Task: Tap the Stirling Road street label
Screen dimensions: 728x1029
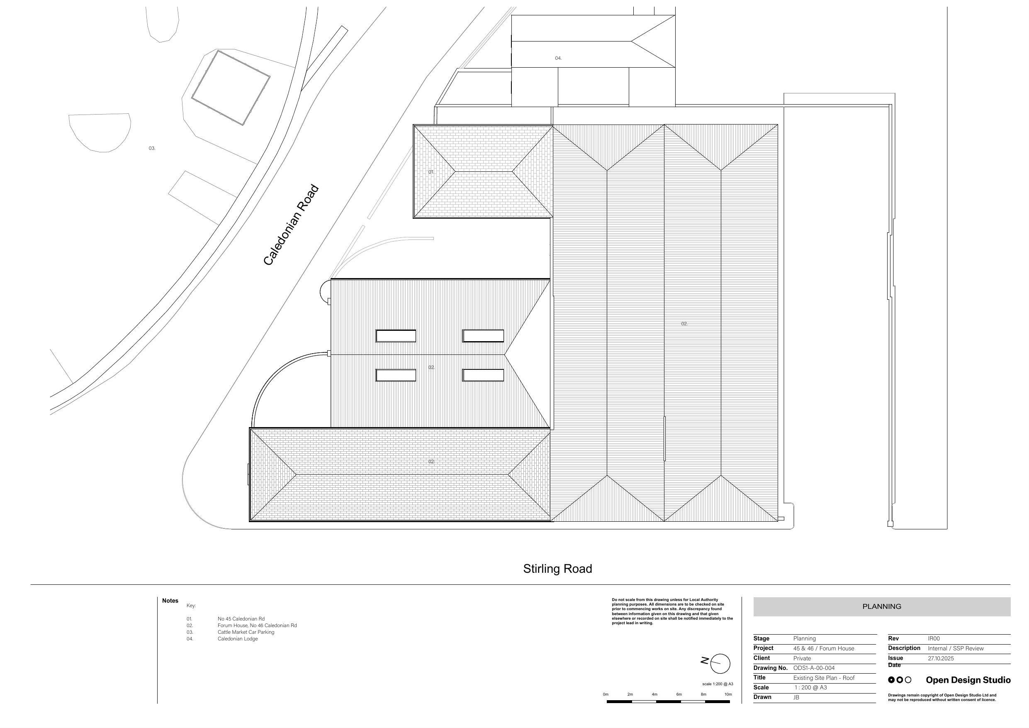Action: click(x=557, y=569)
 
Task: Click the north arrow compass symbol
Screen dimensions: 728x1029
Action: click(x=720, y=663)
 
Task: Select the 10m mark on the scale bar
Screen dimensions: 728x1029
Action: click(x=728, y=694)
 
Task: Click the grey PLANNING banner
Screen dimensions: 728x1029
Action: click(x=881, y=606)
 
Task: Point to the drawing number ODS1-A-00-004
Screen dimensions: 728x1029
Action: click(x=813, y=668)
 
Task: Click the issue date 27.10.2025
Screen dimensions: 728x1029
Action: click(x=941, y=658)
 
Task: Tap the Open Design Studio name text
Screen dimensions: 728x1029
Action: click(x=968, y=680)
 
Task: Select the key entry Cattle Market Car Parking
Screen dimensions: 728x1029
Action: click(x=246, y=632)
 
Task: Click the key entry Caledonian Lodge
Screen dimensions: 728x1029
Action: click(x=238, y=639)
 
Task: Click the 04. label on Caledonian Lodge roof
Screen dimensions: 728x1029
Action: click(x=558, y=58)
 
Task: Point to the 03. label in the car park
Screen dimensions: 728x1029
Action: click(x=152, y=148)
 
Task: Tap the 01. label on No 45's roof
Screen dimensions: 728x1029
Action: click(x=431, y=172)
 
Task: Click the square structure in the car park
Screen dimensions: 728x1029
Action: click(x=230, y=88)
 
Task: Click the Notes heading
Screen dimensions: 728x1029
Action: click(x=170, y=601)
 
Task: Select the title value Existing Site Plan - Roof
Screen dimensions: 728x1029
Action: click(x=823, y=678)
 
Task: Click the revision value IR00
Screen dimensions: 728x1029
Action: click(x=934, y=638)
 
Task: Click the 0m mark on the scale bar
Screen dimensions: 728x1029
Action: click(x=606, y=694)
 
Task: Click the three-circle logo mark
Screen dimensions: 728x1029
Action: click(x=900, y=680)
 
